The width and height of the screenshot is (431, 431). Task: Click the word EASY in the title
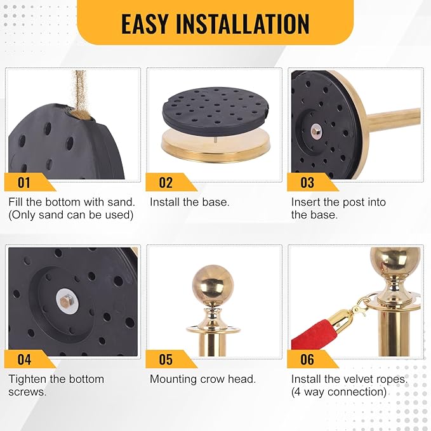(x=144, y=23)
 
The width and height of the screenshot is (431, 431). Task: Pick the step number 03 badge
(x=312, y=182)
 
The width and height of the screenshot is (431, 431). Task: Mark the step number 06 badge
(x=312, y=359)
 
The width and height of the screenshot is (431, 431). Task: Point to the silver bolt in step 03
(x=316, y=129)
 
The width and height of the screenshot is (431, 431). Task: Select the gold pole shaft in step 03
(x=393, y=117)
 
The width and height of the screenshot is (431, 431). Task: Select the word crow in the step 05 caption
(x=212, y=380)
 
